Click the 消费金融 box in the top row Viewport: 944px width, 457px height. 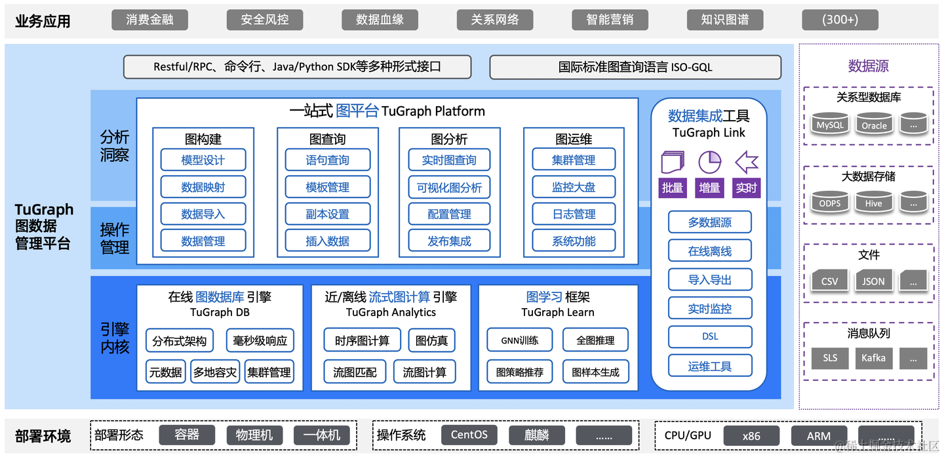coord(149,20)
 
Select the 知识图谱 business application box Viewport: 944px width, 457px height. coord(724,20)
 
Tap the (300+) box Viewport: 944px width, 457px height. coord(840,20)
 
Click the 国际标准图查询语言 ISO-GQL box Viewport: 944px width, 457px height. coord(635,67)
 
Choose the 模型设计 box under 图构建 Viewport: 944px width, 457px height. coord(203,160)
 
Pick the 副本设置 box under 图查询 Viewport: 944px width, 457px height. coord(328,214)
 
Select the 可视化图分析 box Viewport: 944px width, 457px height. coord(449,188)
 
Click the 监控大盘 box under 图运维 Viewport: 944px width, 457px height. coord(574,188)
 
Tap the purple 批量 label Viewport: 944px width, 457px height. coord(673,188)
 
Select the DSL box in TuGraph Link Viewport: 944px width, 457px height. coord(710,336)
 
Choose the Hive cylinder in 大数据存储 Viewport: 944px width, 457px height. coord(873,203)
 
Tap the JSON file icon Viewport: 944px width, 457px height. coord(873,281)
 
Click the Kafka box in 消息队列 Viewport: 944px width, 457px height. coord(873,358)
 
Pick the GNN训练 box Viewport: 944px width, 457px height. coord(520,340)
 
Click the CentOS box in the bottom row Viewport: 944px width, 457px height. coord(469,435)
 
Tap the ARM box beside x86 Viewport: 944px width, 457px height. coord(818,435)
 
